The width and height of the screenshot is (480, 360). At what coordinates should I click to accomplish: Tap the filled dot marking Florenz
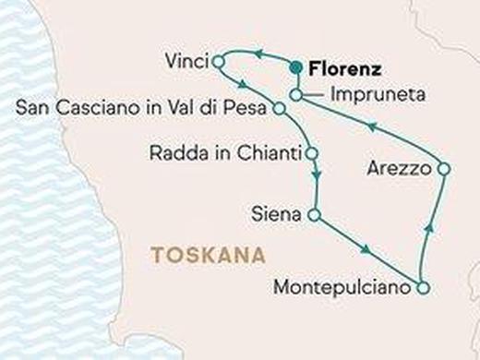[295, 66]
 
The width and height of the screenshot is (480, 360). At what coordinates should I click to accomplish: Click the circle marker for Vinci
[219, 62]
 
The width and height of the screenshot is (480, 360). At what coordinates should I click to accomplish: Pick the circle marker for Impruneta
[295, 94]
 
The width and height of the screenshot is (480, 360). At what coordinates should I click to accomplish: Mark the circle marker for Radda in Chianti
[313, 152]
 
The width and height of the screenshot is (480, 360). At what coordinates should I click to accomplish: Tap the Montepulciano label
[341, 288]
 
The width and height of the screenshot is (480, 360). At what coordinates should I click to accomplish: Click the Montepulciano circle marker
[421, 288]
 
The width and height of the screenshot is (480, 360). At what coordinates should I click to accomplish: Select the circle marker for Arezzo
[443, 169]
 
